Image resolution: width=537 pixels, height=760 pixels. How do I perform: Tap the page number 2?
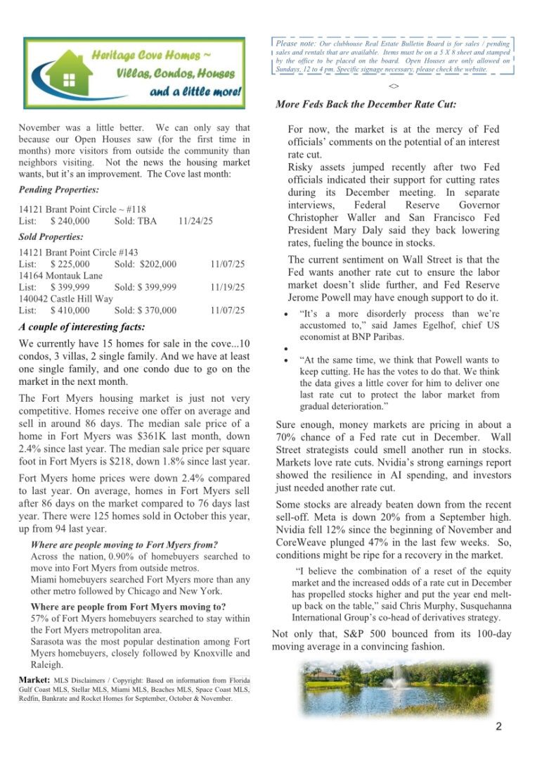[x=498, y=727]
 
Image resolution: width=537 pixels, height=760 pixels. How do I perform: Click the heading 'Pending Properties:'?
[x=58, y=190]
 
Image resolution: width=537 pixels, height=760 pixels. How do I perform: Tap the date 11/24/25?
[x=195, y=221]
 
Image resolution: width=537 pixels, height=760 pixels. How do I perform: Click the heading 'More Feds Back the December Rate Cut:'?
[x=365, y=105]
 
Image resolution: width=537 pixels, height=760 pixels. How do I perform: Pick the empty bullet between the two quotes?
[x=284, y=348]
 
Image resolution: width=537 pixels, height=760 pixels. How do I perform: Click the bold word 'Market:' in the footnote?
[x=34, y=680]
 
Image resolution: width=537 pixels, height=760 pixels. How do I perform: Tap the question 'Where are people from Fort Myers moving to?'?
[x=128, y=607]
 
